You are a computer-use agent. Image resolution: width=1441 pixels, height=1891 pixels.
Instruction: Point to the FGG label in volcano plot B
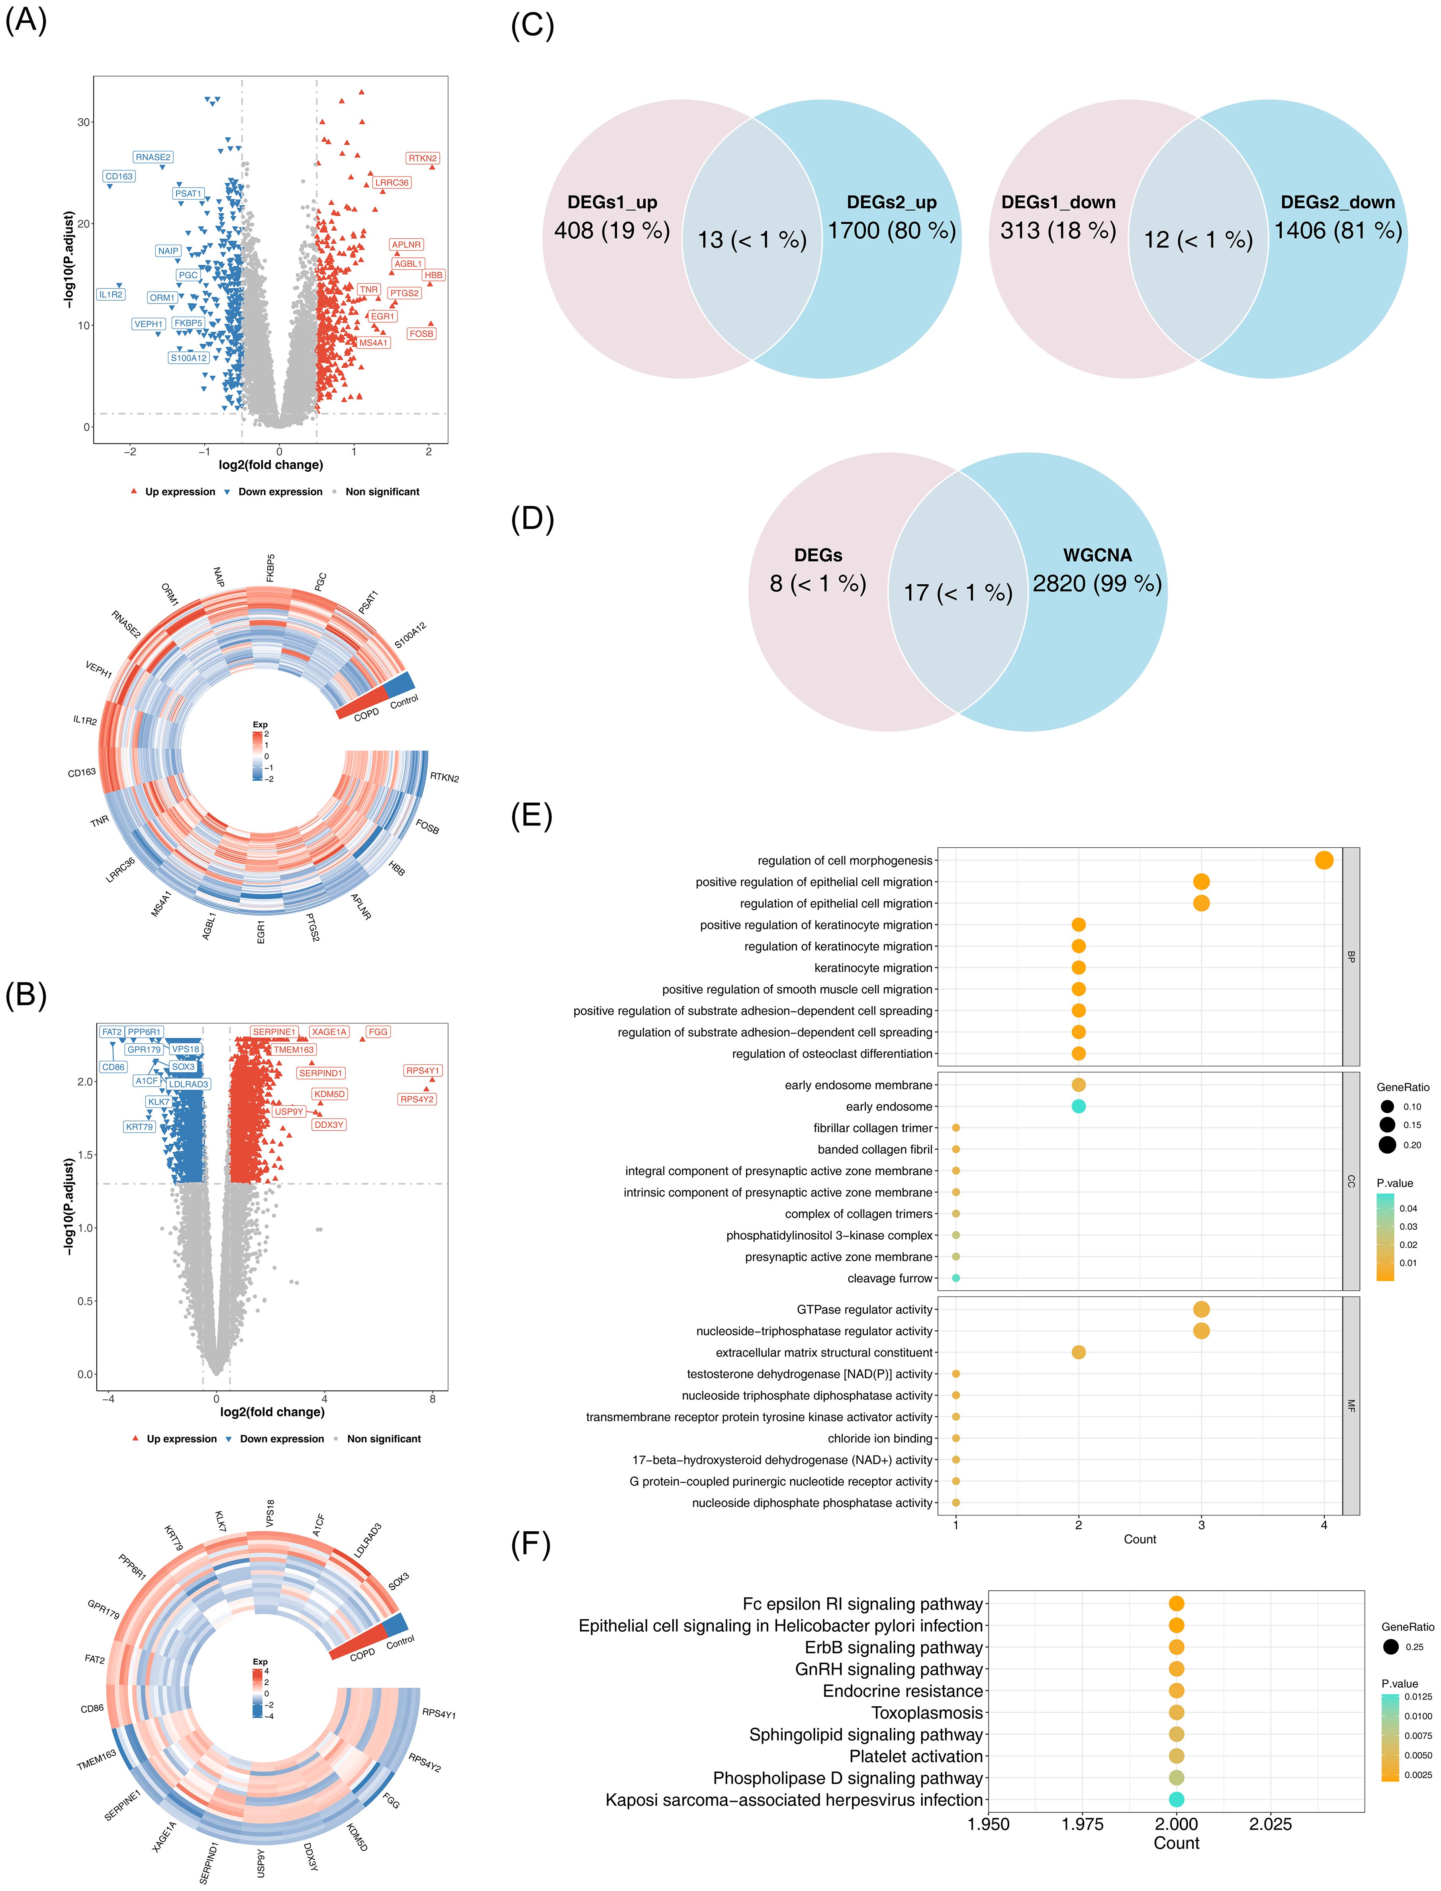pos(378,1032)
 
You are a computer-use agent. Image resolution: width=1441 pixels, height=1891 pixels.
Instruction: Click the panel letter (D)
pos(532,519)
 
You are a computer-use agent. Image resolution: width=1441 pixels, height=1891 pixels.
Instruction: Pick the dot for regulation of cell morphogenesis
pos(1324,860)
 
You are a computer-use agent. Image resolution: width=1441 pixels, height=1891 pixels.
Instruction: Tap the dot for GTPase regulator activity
pos(1201,1309)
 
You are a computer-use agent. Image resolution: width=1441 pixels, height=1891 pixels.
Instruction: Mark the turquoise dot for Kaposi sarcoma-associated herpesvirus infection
pos(1176,1799)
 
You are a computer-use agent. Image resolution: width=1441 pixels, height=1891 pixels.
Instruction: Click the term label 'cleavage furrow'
pos(889,1278)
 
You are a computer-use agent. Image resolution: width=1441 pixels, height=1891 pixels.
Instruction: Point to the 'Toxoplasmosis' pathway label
pos(926,1713)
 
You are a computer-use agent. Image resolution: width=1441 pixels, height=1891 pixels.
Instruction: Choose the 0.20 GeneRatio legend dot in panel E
pos(1387,1144)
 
